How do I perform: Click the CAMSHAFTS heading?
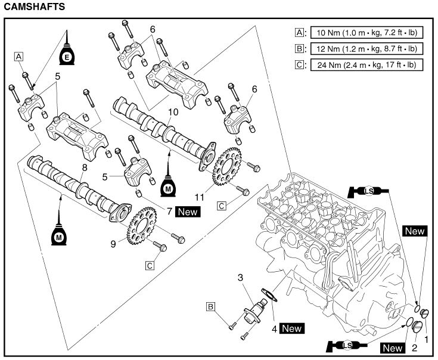(x=35, y=7)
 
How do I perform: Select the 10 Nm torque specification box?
(x=366, y=33)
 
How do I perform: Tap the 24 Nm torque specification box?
(x=366, y=65)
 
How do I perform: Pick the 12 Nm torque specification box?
(x=366, y=49)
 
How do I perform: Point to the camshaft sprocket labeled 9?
(x=142, y=226)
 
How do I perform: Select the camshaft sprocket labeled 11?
(x=227, y=167)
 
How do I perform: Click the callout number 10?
(x=173, y=112)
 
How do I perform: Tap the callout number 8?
(x=85, y=167)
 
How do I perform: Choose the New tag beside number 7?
(x=188, y=212)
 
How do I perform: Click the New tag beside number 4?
(x=291, y=328)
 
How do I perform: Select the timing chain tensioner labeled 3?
(x=255, y=311)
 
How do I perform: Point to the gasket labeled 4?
(x=269, y=295)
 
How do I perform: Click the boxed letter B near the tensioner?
(x=210, y=307)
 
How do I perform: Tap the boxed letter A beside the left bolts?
(x=18, y=57)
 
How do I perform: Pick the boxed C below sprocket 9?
(x=150, y=265)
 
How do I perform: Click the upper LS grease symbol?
(x=368, y=191)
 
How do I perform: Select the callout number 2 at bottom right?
(x=415, y=347)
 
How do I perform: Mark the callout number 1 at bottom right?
(x=426, y=340)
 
